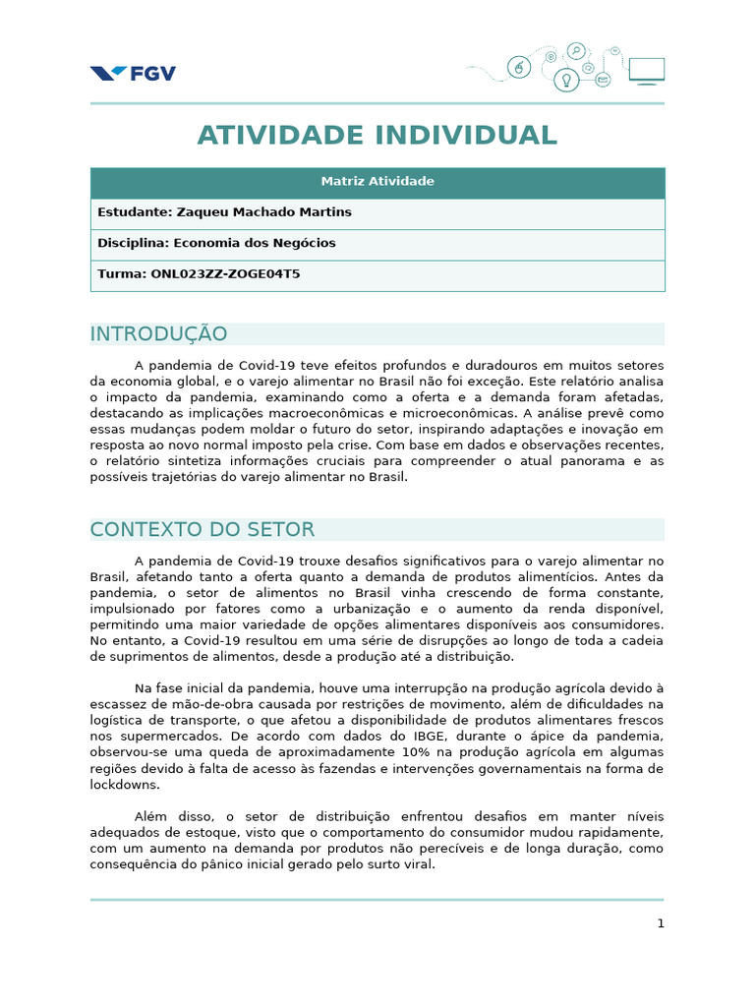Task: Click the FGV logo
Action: point(133,74)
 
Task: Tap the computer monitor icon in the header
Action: point(646,71)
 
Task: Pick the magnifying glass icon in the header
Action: point(576,51)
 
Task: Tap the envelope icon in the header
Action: point(602,78)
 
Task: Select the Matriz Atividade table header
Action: point(377,182)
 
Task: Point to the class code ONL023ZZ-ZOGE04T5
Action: point(225,274)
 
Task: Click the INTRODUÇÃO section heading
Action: point(158,334)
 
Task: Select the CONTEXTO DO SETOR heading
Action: point(203,530)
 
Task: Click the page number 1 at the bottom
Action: point(661,923)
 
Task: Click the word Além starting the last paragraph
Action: point(151,816)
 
